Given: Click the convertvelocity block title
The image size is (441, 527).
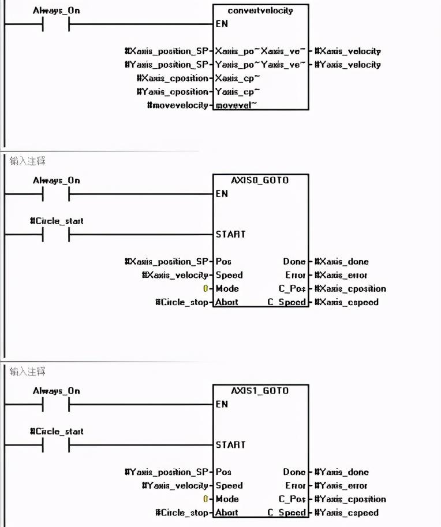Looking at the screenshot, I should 260,11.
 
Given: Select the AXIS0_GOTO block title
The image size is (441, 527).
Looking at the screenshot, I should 260,180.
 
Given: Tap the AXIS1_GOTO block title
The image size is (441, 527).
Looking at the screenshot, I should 260,391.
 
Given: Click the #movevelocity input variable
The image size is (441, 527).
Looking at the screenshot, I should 178,105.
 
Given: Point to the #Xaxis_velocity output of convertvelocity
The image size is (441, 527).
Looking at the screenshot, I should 348,51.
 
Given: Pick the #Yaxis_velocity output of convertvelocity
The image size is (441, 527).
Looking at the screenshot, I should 348,65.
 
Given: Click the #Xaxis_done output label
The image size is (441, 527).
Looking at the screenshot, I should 344,262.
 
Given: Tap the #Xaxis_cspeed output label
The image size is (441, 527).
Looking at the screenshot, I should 346,302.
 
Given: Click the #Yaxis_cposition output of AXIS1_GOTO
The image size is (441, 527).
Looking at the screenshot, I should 350,499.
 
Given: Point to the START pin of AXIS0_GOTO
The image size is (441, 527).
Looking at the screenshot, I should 230,234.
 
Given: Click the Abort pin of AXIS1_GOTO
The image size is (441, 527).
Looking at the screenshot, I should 227,513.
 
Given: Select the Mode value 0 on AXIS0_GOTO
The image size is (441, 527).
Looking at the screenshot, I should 205,289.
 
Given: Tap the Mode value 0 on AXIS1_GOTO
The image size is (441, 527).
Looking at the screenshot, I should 205,499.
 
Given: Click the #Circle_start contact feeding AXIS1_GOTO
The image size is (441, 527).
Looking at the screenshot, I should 56,444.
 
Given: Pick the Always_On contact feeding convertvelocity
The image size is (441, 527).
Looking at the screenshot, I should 56,24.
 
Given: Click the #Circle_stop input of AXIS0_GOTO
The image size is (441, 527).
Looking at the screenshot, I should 182,302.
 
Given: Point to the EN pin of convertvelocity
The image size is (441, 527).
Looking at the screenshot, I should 222,24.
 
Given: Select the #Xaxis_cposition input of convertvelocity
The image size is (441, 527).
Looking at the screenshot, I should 173,79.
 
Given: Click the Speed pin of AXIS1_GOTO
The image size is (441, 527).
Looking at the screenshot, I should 229,486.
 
